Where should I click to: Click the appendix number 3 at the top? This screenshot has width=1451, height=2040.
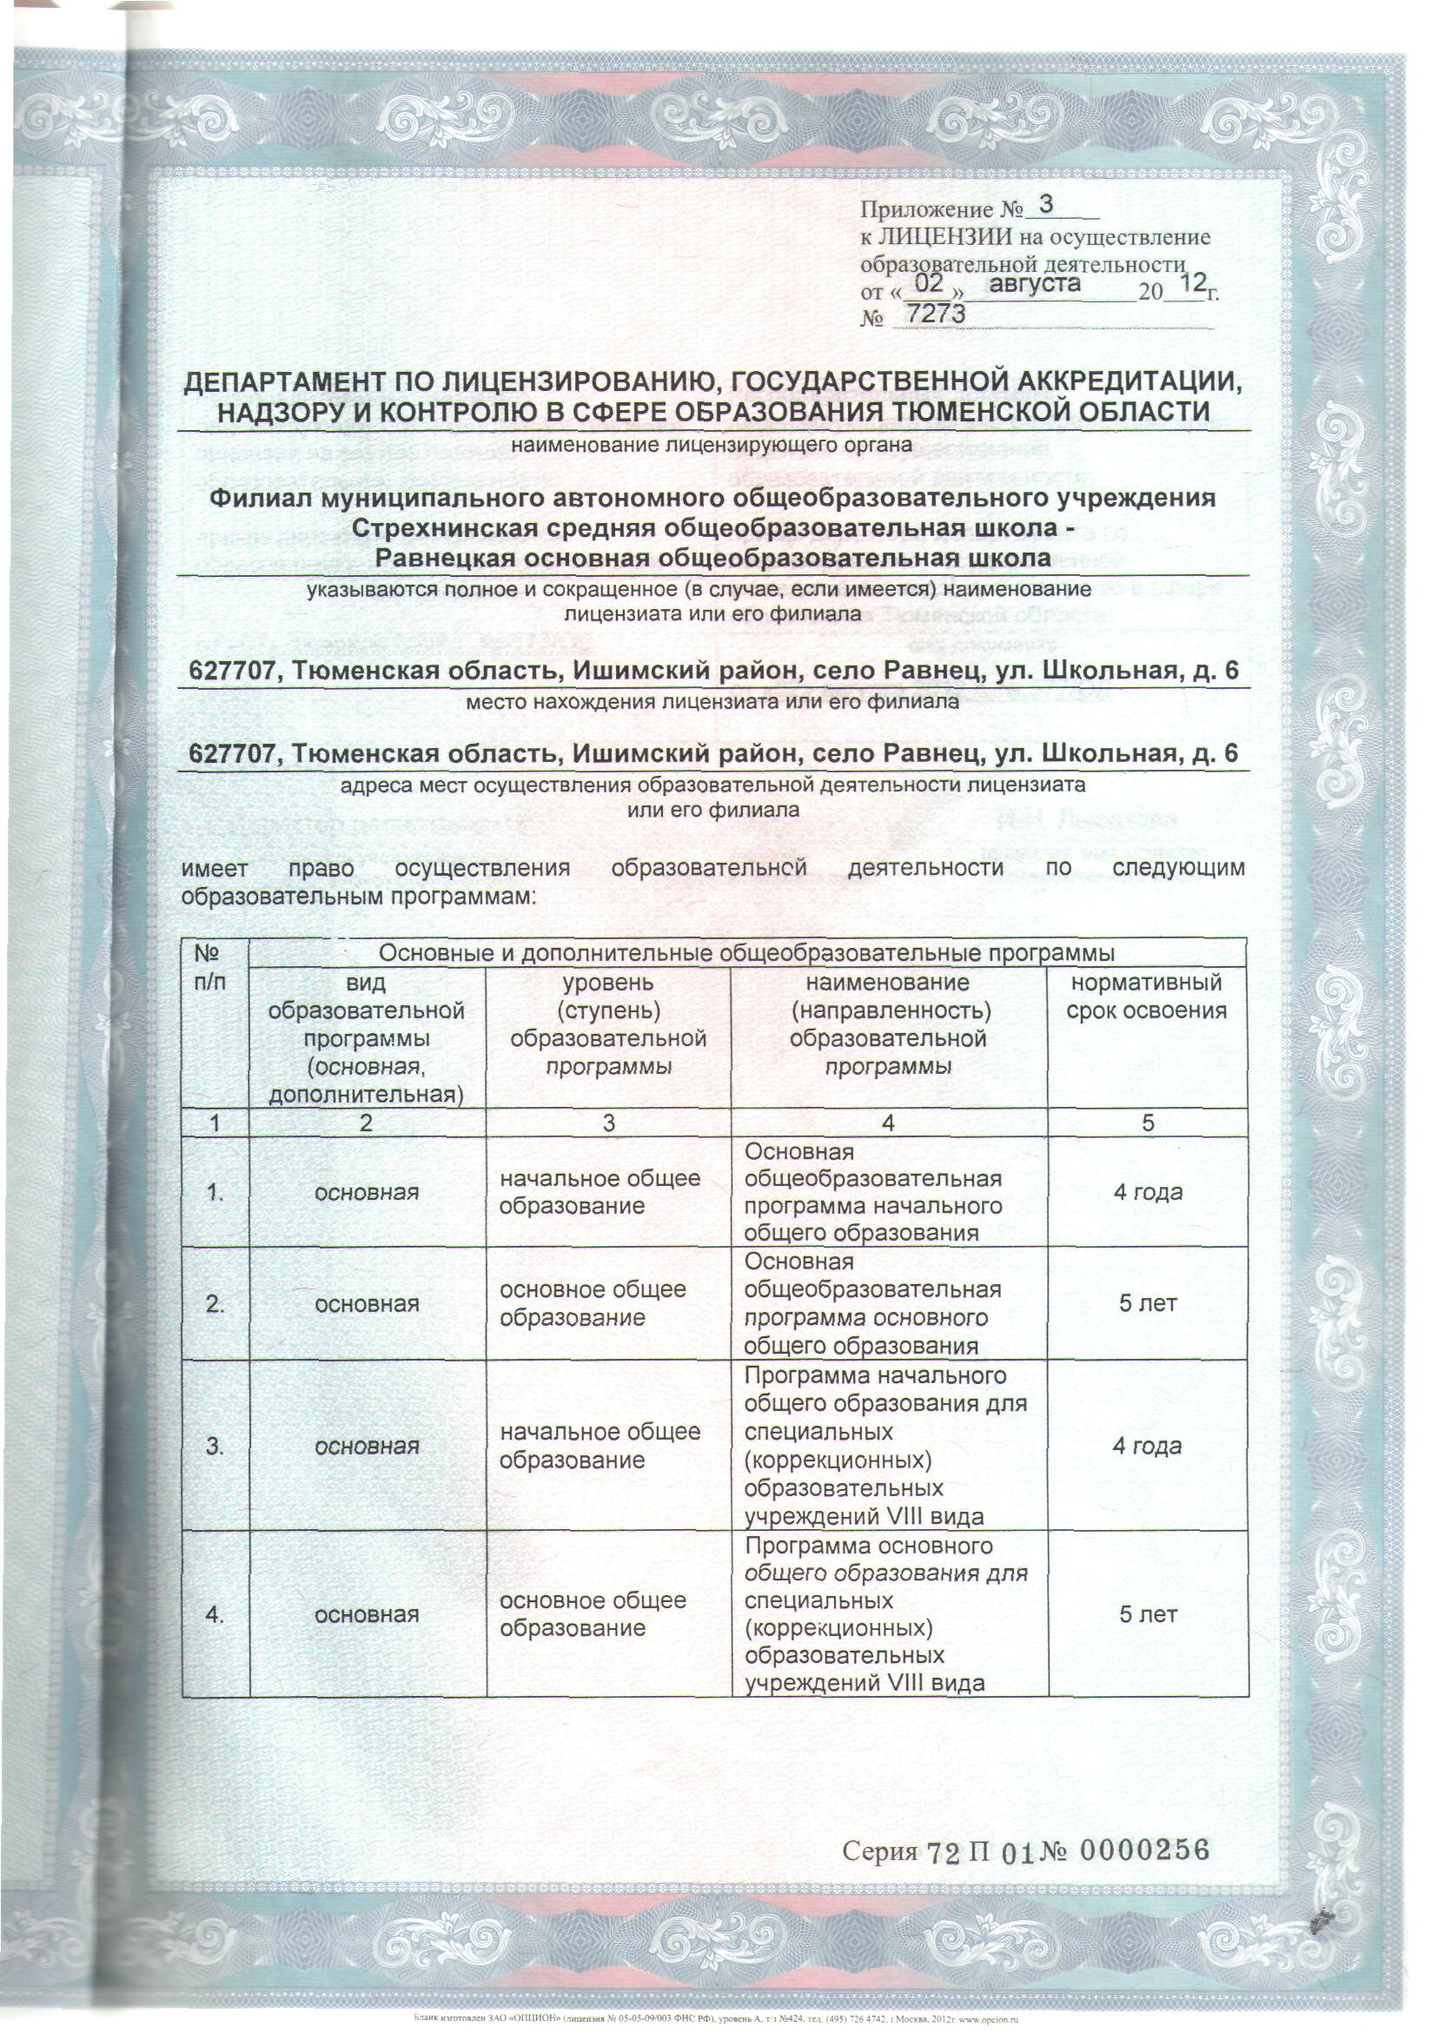1047,204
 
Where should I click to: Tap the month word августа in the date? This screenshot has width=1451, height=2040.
1035,284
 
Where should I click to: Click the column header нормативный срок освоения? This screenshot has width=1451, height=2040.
1146,997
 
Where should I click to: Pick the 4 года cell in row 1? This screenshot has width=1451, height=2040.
1147,1192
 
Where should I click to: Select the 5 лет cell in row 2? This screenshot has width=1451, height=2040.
1147,1304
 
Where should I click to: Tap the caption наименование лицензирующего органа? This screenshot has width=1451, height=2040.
712,444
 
